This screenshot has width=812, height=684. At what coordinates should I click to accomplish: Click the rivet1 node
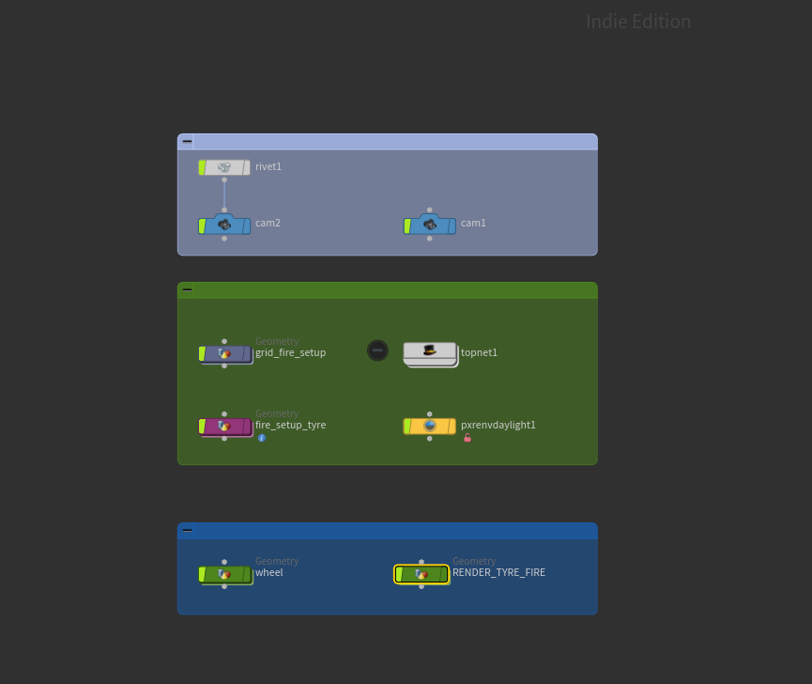pyautogui.click(x=224, y=167)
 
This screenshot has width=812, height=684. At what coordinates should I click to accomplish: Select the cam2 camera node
pyautogui.click(x=224, y=225)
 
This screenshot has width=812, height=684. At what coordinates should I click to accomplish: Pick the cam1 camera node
pyautogui.click(x=430, y=225)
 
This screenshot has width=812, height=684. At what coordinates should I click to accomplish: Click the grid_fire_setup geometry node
pyautogui.click(x=226, y=354)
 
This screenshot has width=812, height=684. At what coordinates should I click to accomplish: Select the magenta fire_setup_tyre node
pyautogui.click(x=226, y=427)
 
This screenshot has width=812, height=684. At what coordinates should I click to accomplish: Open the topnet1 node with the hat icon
pyautogui.click(x=430, y=354)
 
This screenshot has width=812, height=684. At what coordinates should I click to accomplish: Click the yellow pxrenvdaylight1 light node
pyautogui.click(x=430, y=426)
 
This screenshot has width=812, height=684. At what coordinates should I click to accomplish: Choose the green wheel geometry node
pyautogui.click(x=226, y=574)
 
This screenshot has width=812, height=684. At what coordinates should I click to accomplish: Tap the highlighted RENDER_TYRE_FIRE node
pyautogui.click(x=421, y=574)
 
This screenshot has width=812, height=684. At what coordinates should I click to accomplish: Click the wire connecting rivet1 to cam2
pyautogui.click(x=224, y=194)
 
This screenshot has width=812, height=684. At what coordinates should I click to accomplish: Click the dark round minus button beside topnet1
pyautogui.click(x=377, y=350)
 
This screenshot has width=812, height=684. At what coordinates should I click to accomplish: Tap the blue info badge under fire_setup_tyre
pyautogui.click(x=262, y=438)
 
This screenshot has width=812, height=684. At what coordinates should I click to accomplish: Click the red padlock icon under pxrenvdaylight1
pyautogui.click(x=467, y=438)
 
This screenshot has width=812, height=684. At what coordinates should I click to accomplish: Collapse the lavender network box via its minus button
pyautogui.click(x=188, y=141)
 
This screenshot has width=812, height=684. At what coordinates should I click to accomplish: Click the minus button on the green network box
pyautogui.click(x=188, y=289)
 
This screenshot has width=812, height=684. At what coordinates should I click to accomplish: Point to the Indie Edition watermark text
pyautogui.click(x=638, y=22)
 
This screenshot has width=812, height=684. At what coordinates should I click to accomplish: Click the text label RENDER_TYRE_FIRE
pyautogui.click(x=498, y=572)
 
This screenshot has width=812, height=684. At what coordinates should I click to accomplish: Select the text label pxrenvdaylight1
pyautogui.click(x=498, y=426)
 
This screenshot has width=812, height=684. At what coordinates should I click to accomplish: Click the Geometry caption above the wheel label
pyautogui.click(x=277, y=561)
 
